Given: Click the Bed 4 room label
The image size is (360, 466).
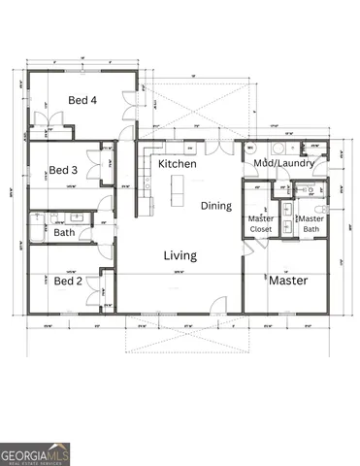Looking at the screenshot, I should [82, 100].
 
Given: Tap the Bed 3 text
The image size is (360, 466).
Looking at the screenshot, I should [65, 168].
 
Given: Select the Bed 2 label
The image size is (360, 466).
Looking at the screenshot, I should [67, 281].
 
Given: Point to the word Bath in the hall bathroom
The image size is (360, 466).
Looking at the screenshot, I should [64, 233].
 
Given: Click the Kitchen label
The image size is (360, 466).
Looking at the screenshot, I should [178, 164].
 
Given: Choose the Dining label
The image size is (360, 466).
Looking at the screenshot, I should [216, 206].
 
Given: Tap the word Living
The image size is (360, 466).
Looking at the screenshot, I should [180, 255].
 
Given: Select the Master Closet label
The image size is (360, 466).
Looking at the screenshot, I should [259, 223].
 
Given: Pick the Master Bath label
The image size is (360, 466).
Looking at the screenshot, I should [311, 223].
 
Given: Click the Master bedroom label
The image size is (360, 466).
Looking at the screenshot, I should [288, 281].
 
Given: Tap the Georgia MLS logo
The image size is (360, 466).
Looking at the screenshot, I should [35, 453].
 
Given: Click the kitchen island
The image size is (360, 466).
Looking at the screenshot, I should [179, 189].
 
